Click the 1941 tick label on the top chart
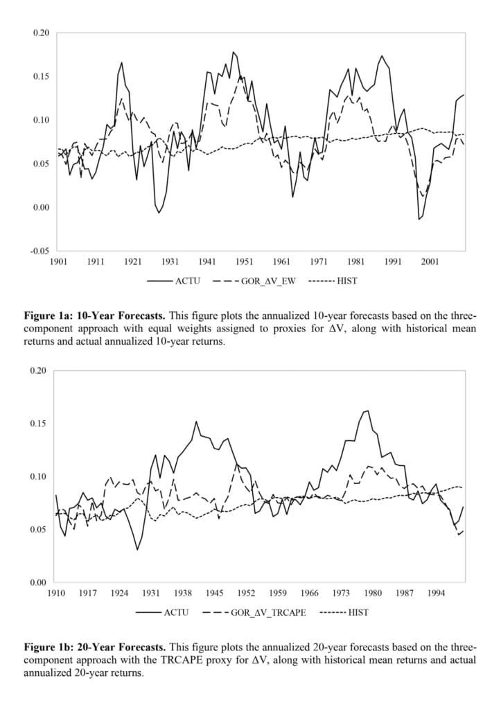point(207,261)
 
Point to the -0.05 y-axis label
point(40,251)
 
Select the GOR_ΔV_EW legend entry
point(254,281)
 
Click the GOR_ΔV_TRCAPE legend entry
point(254,613)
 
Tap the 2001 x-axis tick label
point(430,261)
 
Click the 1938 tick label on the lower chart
point(183,594)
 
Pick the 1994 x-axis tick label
point(437,594)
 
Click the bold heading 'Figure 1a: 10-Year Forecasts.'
point(94,315)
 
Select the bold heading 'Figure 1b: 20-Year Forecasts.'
point(95,647)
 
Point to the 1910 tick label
point(56,594)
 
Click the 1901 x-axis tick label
point(58,261)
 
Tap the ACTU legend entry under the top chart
point(173,281)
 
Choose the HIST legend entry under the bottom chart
point(344,613)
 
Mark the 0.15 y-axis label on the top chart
point(41,76)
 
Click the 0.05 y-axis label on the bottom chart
point(38,529)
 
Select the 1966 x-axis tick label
point(310,594)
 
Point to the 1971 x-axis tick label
point(319,261)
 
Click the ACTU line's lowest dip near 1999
point(419,219)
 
